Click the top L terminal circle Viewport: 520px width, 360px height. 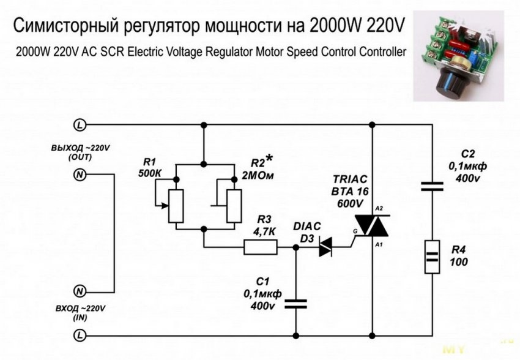pyautogui.click(x=80, y=125)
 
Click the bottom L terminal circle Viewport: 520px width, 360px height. pyautogui.click(x=80, y=335)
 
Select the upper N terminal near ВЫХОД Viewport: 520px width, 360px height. pyautogui.click(x=80, y=176)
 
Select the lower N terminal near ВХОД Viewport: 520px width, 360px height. pyautogui.click(x=80, y=290)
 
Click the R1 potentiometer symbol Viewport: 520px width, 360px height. pyautogui.click(x=176, y=205)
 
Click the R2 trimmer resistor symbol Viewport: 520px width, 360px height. pyautogui.click(x=233, y=205)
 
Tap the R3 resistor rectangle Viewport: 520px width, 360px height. pyautogui.click(x=261, y=247)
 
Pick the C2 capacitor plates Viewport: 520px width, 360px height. pyautogui.click(x=433, y=186)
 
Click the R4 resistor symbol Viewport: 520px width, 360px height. pyautogui.click(x=433, y=258)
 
